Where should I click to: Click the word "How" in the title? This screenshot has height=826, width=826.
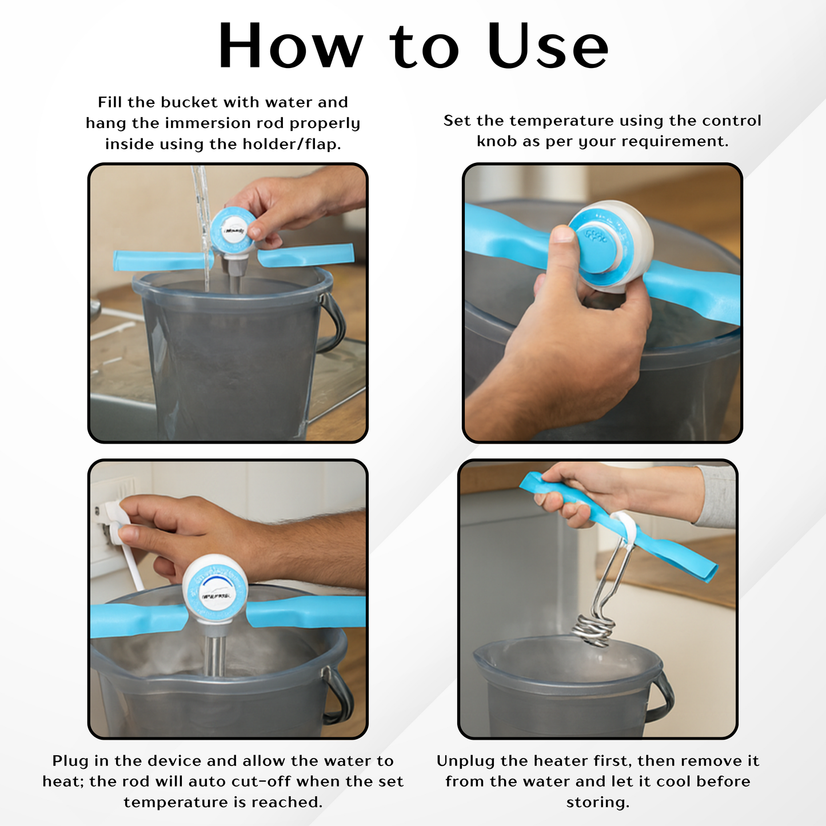pos(290,45)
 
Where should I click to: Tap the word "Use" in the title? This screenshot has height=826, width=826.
pos(548,45)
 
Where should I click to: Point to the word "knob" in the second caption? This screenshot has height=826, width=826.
pos(496,141)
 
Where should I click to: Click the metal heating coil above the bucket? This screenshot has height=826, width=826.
pos(594,632)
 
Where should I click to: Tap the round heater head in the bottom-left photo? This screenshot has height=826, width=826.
pos(215,589)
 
